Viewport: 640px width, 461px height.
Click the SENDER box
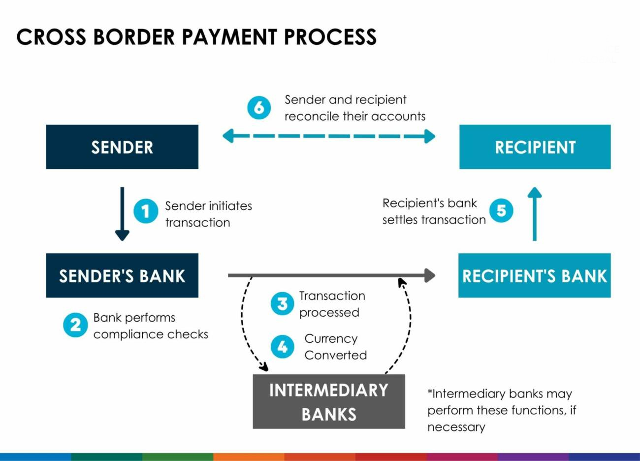point(122,147)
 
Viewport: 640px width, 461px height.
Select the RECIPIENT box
point(535,147)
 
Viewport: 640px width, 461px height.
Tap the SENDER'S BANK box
point(122,275)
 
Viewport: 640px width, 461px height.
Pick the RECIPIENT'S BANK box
point(534,275)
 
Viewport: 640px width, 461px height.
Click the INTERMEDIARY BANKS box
point(329,401)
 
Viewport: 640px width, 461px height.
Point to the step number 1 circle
point(146,211)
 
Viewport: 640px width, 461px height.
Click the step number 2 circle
point(75,325)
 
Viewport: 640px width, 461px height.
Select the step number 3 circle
point(282,303)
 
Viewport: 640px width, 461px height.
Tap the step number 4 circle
point(282,347)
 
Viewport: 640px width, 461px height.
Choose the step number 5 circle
point(501,210)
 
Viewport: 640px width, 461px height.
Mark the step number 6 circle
point(259,107)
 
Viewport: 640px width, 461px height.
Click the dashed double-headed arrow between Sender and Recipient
point(329,136)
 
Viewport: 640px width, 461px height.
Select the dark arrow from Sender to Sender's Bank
point(122,214)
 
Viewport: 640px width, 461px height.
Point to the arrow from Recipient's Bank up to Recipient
point(535,214)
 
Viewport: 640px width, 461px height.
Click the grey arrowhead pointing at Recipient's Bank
point(429,275)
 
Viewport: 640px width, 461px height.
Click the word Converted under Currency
point(335,355)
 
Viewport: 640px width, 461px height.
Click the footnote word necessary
point(456,427)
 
